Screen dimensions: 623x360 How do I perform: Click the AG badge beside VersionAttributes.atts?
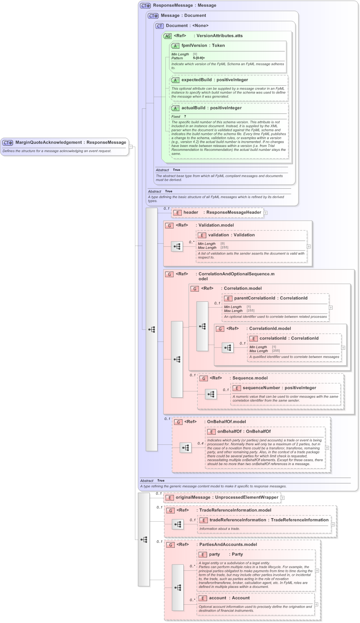pos(167,36)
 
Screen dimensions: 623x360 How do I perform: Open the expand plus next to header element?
pos(266,213)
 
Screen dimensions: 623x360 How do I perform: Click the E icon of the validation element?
pos(202,235)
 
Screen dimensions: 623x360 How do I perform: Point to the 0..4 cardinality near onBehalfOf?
pos(200,443)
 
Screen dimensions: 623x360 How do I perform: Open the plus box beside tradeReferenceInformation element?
pos(333,524)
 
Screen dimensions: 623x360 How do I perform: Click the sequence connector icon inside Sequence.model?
pos(211,394)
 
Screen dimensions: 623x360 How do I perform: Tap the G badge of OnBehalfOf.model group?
pos(178,422)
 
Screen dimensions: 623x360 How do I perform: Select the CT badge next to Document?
pos(159,26)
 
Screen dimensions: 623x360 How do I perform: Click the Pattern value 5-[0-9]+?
pos(199,58)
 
